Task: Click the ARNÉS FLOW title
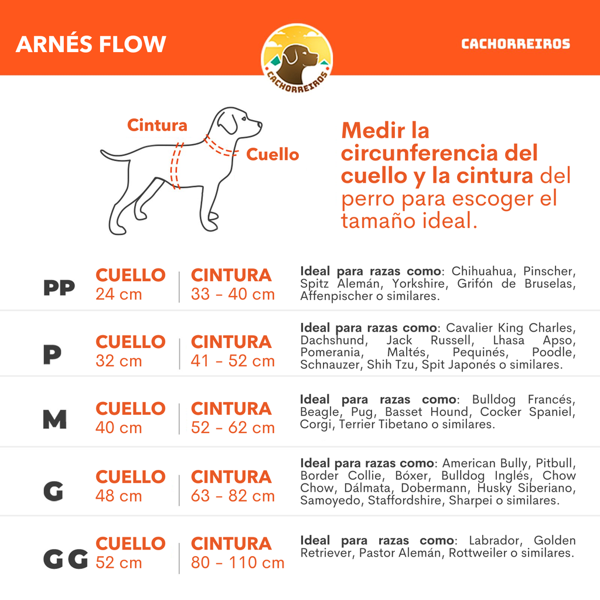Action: point(91,45)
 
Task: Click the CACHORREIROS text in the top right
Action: point(515,44)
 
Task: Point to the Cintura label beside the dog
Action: point(157,125)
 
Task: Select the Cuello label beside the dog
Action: point(272,155)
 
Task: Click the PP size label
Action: point(59,288)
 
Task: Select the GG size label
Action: point(65,560)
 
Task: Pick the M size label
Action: point(54,420)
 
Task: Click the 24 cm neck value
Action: point(118,294)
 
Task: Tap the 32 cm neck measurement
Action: point(118,361)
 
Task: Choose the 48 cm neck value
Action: point(118,496)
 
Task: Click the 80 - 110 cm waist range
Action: point(237,563)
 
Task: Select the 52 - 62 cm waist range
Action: point(233,428)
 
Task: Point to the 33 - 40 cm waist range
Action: point(233,294)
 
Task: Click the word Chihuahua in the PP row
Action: point(483,271)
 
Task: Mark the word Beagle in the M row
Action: point(319,412)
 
